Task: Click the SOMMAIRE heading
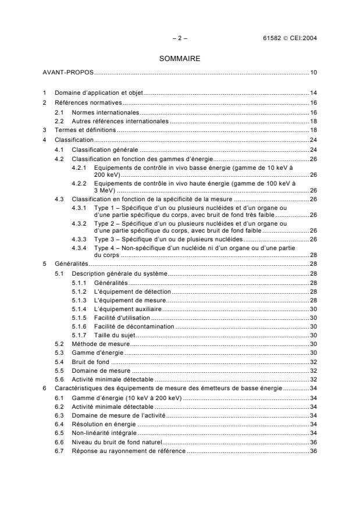pos(180,59)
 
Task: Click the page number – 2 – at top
pos(180,38)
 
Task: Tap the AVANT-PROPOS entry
pos(68,73)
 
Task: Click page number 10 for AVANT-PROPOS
pos(313,73)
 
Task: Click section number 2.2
pos(60,121)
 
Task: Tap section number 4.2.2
pos(80,184)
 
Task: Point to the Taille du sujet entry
pos(113,335)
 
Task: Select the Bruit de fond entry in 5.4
pos(88,361)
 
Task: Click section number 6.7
pos(60,452)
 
